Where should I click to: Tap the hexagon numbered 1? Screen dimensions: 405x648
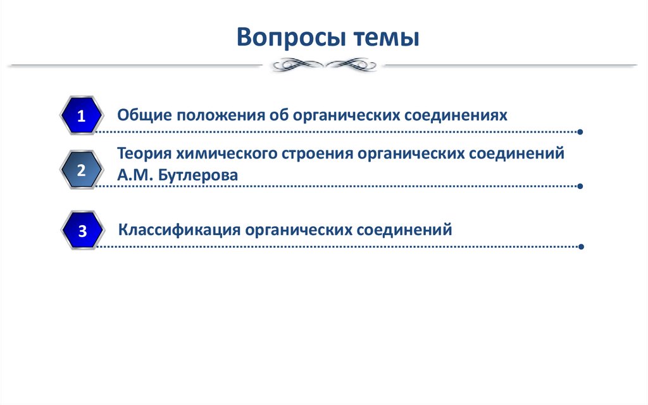coord(81,116)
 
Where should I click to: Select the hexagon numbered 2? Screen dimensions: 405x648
coord(81,169)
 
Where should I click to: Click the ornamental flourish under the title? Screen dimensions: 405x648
coord(323,64)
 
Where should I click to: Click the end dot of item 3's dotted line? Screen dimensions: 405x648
coord(581,247)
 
